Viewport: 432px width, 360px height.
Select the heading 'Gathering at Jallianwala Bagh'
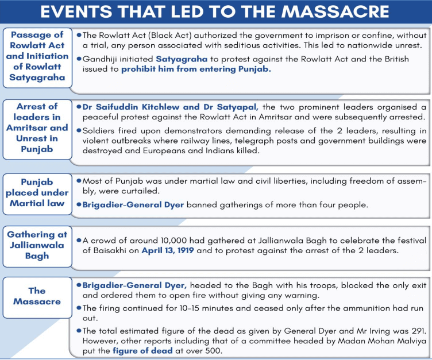coord(37,245)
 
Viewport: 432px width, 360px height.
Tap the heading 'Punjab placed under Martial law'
coord(37,192)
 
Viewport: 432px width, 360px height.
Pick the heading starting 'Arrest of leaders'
coord(37,127)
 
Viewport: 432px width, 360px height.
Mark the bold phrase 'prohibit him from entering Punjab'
coord(195,69)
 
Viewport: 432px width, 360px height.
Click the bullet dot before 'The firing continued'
coord(78,308)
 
